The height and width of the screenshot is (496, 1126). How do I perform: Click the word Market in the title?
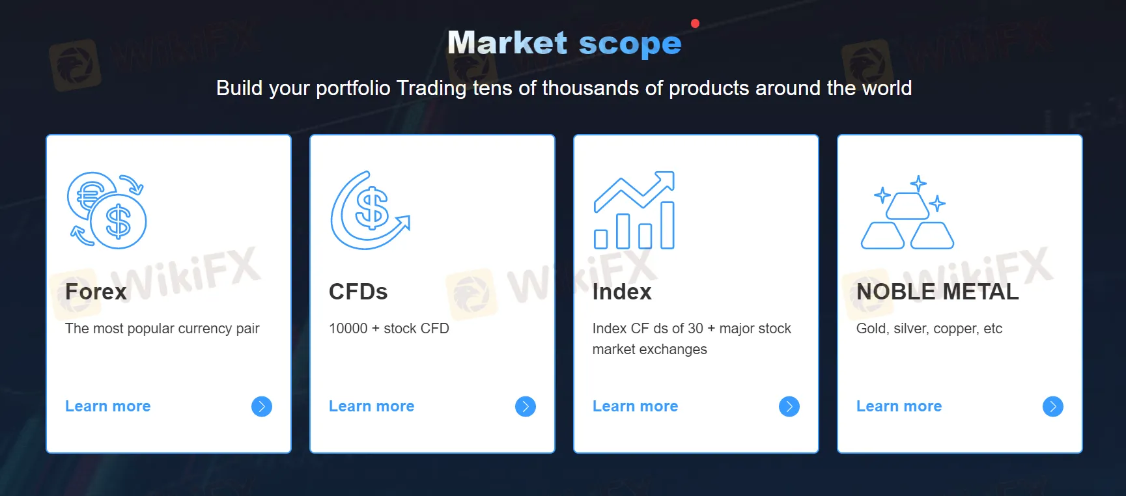pos(507,43)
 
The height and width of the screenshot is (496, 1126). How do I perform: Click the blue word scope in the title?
pos(630,44)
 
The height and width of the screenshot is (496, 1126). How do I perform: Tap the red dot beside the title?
pos(695,23)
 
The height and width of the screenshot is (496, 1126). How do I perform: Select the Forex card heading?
pos(96,292)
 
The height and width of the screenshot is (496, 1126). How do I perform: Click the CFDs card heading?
pos(358,292)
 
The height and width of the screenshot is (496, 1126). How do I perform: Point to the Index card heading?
pos(622,292)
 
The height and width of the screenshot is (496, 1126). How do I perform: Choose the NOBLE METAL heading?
pos(938,292)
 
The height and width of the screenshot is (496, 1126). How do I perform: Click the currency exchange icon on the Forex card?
pos(107,210)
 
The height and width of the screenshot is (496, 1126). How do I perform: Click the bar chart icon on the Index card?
pos(634,210)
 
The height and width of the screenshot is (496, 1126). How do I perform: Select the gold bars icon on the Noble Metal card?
pos(907,212)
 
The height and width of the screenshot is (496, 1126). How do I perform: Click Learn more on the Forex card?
pos(108,406)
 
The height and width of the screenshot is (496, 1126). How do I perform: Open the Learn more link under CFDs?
pos(372,406)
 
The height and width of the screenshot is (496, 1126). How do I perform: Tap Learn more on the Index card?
pos(636,406)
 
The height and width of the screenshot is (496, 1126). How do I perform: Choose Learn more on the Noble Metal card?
pos(899,406)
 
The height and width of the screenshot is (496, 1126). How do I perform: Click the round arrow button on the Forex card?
pos(262,407)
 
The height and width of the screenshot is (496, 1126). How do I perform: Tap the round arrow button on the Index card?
pos(789,407)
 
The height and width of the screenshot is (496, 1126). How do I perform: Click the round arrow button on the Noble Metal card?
pos(1053,407)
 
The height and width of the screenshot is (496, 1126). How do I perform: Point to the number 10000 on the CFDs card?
pos(348,329)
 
